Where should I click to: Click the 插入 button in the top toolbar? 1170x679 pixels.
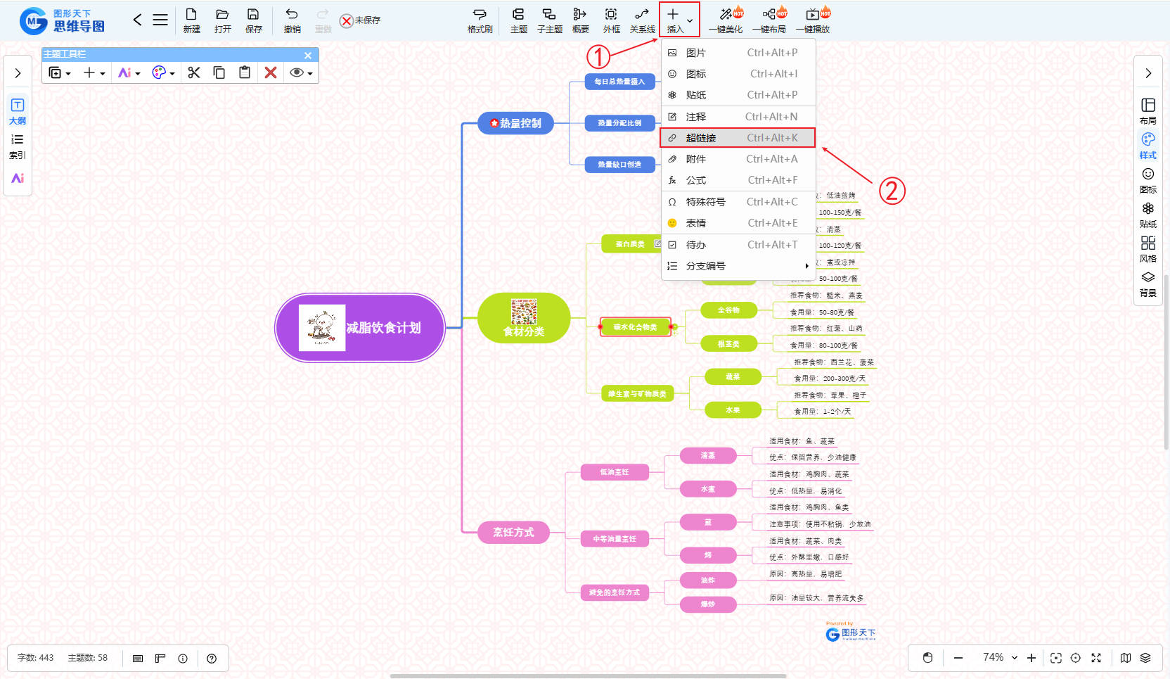point(674,20)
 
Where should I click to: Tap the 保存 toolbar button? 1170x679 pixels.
point(253,20)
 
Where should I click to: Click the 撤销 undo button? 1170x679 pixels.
point(292,20)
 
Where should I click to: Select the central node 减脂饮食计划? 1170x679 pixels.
point(360,328)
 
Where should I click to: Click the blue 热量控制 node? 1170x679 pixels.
point(516,123)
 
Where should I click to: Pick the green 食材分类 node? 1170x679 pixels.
point(524,319)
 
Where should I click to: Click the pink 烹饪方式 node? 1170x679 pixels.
point(513,532)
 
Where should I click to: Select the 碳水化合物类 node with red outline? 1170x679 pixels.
point(635,327)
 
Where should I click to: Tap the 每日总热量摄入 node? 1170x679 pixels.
point(619,82)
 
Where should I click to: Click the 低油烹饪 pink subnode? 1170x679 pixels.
point(615,472)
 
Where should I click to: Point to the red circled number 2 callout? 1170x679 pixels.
point(892,191)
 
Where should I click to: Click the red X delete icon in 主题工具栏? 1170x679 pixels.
point(271,72)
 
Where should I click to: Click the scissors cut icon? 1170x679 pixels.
point(194,72)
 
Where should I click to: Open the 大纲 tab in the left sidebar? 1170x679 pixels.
point(18,111)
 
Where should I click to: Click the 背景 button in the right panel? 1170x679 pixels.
point(1147,284)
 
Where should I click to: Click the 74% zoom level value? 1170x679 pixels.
point(993,657)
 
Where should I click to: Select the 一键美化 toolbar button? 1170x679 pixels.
point(726,20)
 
